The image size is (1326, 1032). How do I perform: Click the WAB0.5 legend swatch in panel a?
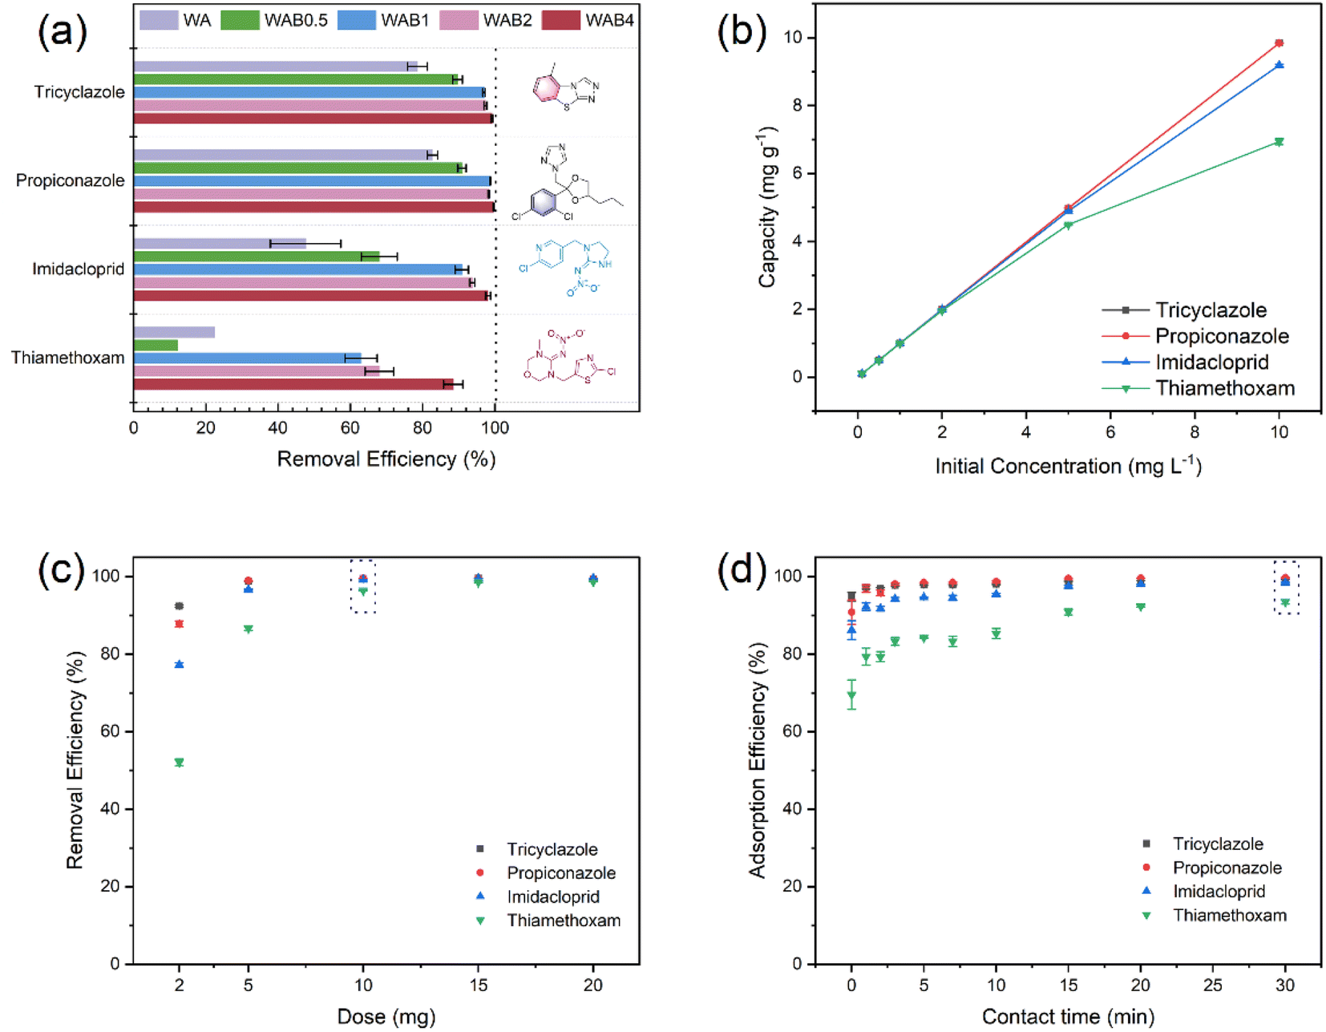[240, 20]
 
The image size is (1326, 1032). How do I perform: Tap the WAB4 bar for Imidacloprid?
[311, 296]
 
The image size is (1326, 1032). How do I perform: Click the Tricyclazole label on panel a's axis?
[79, 92]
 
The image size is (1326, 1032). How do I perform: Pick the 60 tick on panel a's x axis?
[350, 427]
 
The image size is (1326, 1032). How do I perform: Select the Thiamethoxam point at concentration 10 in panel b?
[1279, 142]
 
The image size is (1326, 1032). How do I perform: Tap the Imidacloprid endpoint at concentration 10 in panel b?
[1279, 65]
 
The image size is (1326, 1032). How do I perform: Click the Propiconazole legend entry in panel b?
[1221, 336]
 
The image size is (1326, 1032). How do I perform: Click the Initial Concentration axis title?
[1068, 466]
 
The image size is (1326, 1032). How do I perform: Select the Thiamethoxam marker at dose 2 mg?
[179, 763]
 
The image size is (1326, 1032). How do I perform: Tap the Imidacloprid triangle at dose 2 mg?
[179, 664]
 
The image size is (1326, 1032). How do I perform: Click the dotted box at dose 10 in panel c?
[363, 586]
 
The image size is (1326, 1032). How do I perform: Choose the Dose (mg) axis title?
[386, 1017]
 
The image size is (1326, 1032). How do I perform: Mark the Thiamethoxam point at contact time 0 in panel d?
[851, 695]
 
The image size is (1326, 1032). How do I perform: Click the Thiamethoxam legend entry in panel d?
[1229, 915]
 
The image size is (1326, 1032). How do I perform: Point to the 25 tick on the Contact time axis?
[1213, 985]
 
